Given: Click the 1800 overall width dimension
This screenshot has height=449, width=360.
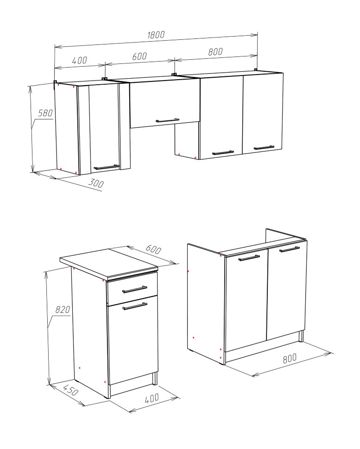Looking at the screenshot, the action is pyautogui.click(x=156, y=35).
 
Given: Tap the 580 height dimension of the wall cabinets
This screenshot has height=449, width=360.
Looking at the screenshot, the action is pyautogui.click(x=45, y=113).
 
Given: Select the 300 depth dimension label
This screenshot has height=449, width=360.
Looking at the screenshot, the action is pyautogui.click(x=95, y=183).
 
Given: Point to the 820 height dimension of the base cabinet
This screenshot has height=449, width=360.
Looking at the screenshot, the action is pyautogui.click(x=63, y=309).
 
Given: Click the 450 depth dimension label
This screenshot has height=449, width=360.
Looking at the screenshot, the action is pyautogui.click(x=70, y=390).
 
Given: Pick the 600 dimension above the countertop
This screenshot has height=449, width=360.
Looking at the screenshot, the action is pyautogui.click(x=153, y=249).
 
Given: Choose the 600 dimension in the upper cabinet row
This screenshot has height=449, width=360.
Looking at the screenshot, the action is pyautogui.click(x=139, y=56).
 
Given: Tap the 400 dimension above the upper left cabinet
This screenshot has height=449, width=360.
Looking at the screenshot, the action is pyautogui.click(x=79, y=60).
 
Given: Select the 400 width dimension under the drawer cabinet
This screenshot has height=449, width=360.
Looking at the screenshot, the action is pyautogui.click(x=152, y=398).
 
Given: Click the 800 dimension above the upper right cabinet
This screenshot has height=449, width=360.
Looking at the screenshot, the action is pyautogui.click(x=215, y=51).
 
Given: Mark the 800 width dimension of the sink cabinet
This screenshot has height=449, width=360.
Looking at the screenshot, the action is pyautogui.click(x=290, y=358).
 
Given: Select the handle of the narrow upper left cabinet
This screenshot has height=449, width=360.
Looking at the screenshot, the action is pyautogui.click(x=107, y=167).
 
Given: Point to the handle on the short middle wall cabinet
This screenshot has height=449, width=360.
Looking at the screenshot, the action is pyautogui.click(x=168, y=120).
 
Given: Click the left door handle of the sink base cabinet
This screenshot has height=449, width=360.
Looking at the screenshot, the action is pyautogui.click(x=249, y=258).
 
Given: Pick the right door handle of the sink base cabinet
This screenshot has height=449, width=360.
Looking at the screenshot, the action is pyautogui.click(x=290, y=249).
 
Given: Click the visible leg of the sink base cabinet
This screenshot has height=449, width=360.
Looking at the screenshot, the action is pyautogui.click(x=301, y=336).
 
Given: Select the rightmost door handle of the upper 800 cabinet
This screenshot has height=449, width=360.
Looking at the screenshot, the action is pyautogui.click(x=264, y=148).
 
